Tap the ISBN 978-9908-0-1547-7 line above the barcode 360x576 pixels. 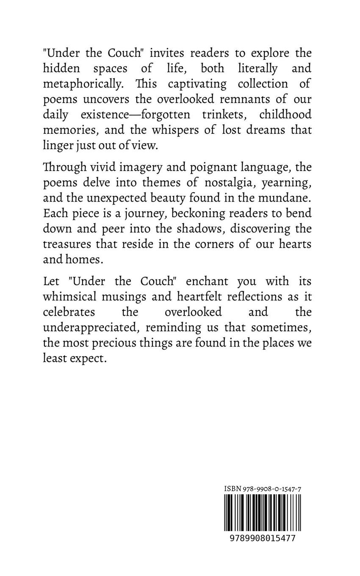(263, 489)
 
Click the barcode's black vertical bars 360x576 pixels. (263, 512)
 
